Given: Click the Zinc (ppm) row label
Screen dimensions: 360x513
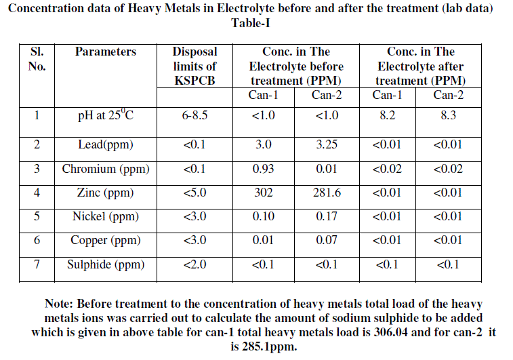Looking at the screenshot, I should [105, 193].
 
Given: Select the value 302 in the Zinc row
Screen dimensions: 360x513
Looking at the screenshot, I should [263, 193].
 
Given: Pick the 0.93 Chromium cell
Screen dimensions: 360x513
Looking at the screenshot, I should [263, 169].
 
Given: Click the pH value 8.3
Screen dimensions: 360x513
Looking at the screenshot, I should [448, 115].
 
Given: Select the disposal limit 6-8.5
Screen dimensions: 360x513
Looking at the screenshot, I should [194, 115].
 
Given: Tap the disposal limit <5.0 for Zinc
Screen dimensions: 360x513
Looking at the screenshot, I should [194, 193].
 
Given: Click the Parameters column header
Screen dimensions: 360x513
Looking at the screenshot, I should [105, 52].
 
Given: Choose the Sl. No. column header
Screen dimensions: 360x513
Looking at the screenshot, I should [37, 59].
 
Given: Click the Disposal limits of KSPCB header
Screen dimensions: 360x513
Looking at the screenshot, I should [194, 66].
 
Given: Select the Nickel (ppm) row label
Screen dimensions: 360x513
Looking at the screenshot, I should [105, 217].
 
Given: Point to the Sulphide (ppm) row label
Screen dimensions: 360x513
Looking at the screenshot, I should [105, 265].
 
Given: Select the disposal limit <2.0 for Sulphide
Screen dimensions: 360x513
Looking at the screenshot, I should [194, 265].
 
